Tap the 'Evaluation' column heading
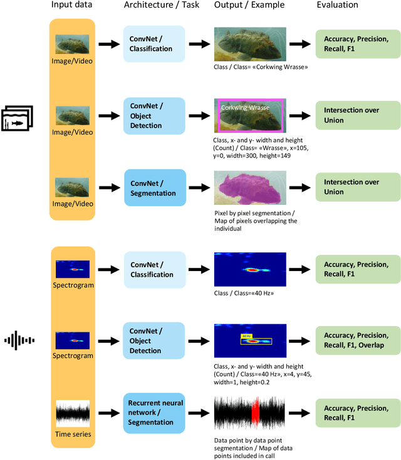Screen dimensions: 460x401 point(352,6)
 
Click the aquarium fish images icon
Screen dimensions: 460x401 point(18,118)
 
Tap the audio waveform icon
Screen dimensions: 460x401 point(19,341)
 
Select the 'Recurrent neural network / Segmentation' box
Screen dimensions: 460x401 point(154,412)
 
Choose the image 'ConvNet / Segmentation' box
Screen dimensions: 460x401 point(154,187)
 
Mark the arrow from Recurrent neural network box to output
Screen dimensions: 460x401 point(200,413)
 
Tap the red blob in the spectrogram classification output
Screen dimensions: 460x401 point(251,270)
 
